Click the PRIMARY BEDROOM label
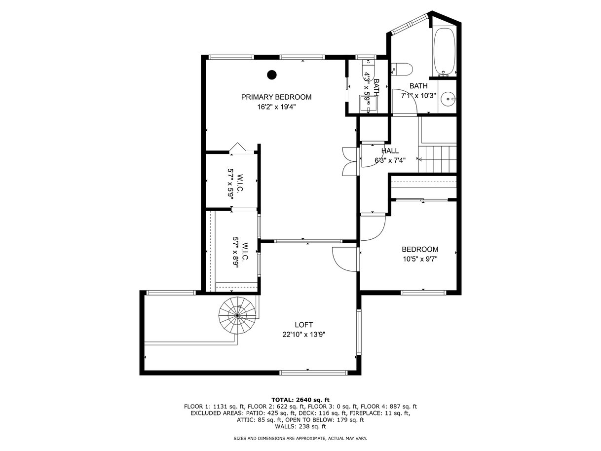(x=276, y=97)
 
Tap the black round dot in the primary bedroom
(x=272, y=75)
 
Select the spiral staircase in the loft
(x=237, y=315)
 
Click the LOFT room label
(x=303, y=325)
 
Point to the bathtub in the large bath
(x=444, y=51)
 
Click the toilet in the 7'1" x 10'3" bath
(x=402, y=69)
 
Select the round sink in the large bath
(x=449, y=98)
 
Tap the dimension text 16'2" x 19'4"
(x=276, y=107)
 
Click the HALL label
(x=390, y=150)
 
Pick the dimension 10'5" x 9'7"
(x=420, y=259)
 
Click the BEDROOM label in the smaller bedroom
(x=420, y=249)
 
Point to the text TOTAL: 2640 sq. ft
(x=300, y=400)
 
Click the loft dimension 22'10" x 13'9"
(x=303, y=335)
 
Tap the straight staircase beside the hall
(x=437, y=159)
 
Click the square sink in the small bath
(x=368, y=103)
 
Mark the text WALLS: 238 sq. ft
(x=300, y=426)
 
